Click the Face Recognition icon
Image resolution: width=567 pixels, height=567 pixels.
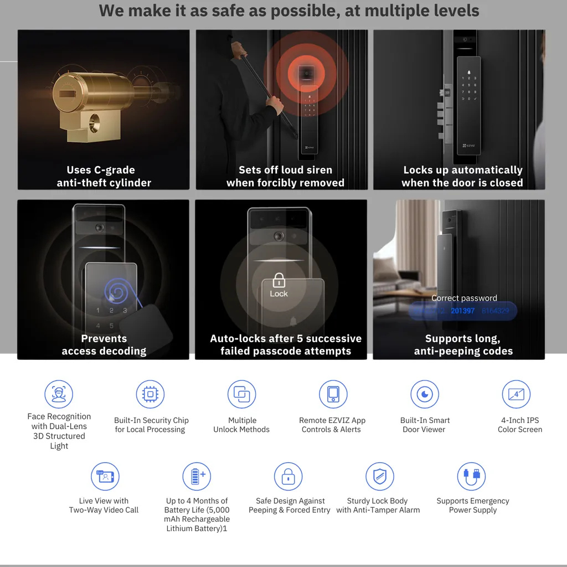click(59, 394)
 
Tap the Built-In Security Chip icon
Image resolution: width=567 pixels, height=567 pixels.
click(150, 394)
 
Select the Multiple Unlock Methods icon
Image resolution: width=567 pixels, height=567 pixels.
click(241, 394)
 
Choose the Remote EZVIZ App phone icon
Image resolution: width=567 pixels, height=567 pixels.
click(333, 394)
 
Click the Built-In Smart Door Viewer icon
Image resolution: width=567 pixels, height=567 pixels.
click(424, 394)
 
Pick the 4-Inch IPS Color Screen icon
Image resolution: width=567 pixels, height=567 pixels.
click(516, 394)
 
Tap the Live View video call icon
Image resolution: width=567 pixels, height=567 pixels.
click(105, 477)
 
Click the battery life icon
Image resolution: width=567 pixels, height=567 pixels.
click(197, 477)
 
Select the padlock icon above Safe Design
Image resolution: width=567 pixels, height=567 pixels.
click(288, 477)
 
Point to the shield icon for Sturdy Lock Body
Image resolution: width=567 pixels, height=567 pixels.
click(379, 477)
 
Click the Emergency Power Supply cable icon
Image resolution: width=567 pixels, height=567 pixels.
click(471, 477)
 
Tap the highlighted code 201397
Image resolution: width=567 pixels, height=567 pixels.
click(462, 311)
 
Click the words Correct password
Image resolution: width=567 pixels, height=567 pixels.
click(464, 298)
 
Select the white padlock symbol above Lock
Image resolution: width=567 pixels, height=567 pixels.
click(279, 281)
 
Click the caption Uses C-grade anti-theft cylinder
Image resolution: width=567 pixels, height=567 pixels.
click(104, 176)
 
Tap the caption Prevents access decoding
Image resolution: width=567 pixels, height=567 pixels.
click(104, 344)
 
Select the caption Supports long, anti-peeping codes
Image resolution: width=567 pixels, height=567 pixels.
click(463, 344)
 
